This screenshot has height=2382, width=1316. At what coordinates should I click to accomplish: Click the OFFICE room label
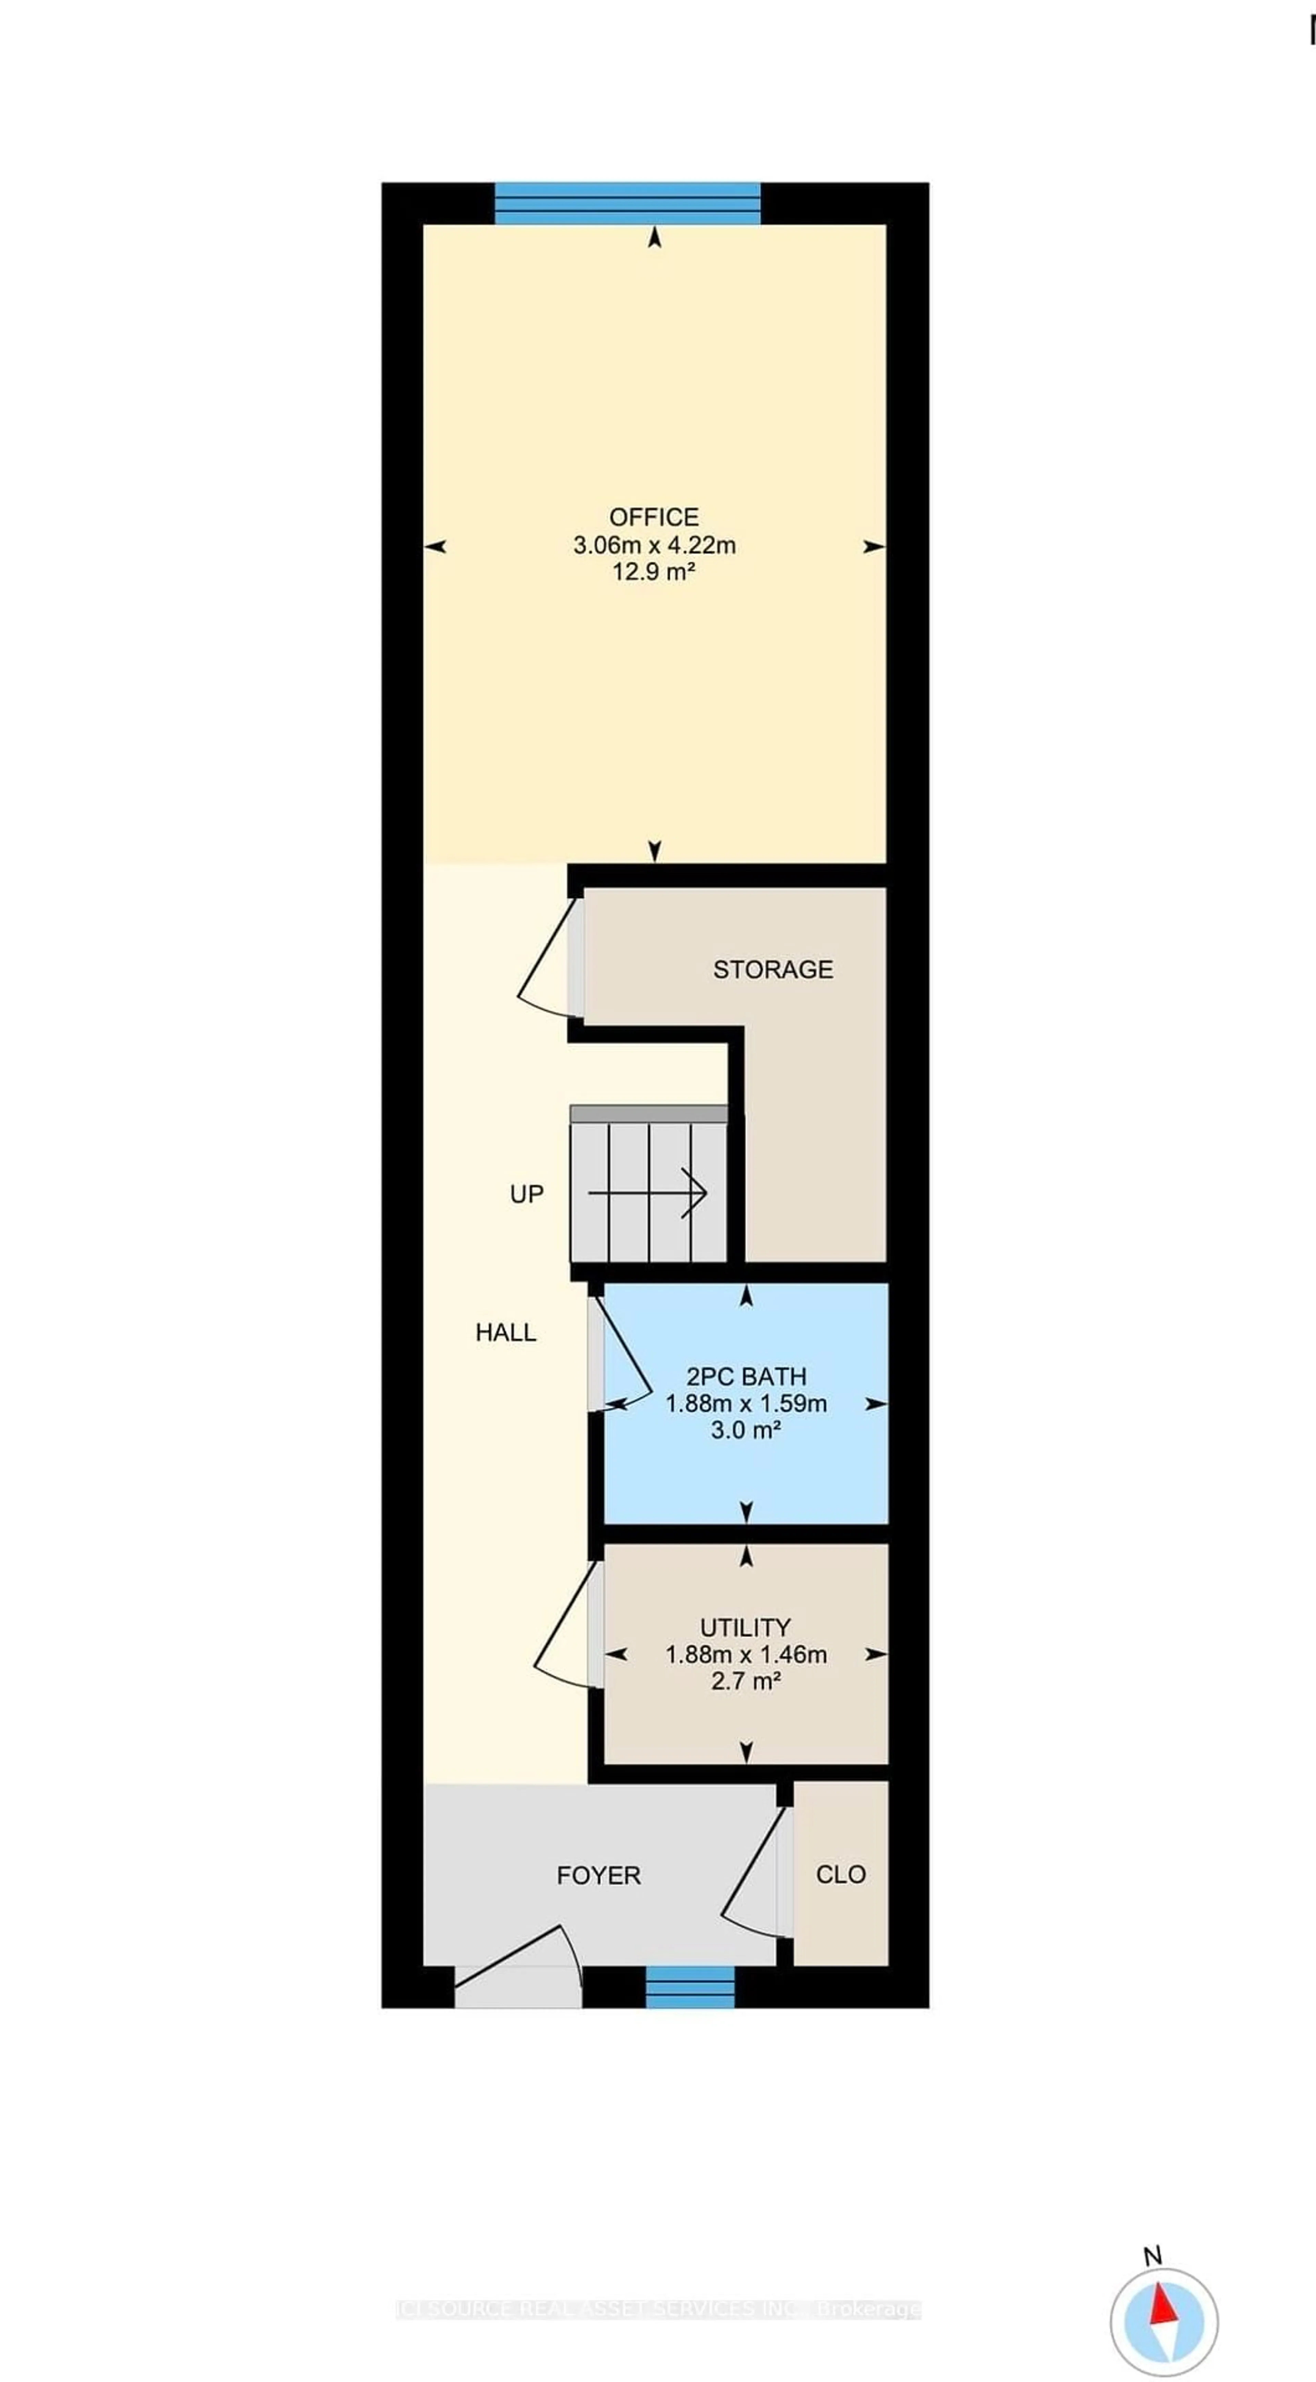(654, 517)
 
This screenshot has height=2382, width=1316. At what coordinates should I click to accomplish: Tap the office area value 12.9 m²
(654, 571)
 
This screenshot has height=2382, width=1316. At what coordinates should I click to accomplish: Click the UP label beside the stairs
(526, 1194)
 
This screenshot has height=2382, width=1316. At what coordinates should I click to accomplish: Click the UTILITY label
(745, 1628)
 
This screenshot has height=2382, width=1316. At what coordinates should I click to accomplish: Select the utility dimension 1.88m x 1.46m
(745, 1654)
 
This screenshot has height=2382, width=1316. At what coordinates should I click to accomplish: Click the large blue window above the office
(627, 203)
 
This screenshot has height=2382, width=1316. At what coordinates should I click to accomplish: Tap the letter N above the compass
(1152, 2255)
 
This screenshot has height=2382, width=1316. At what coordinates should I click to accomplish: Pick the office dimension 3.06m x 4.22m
(654, 545)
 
